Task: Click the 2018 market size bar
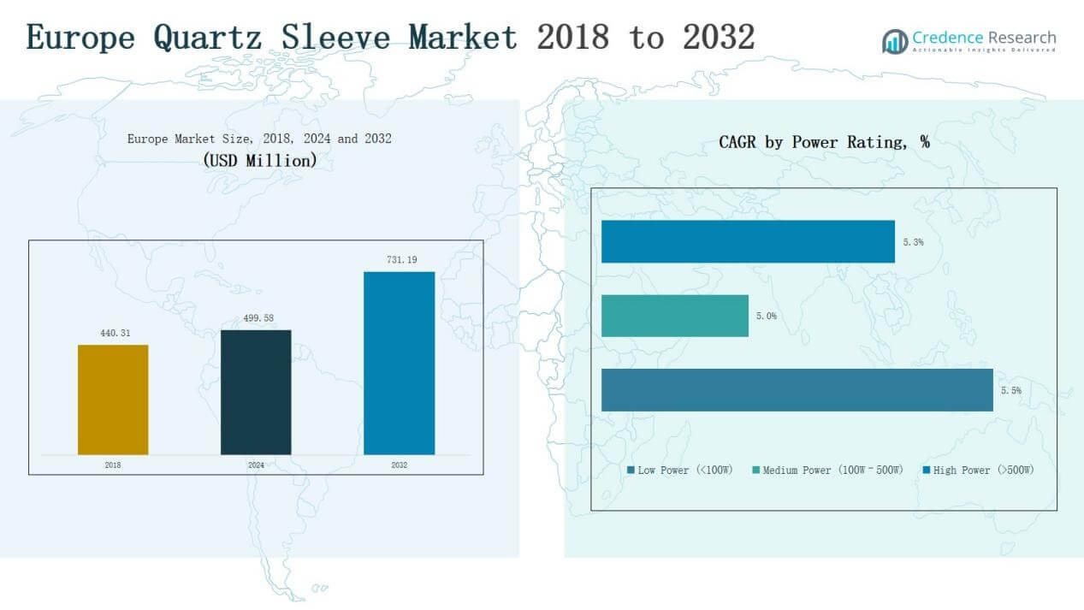pos(113,400)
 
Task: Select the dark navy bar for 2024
pos(256,392)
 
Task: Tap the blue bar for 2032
pos(399,363)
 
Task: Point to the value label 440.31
pos(113,333)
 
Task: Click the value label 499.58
pos(256,317)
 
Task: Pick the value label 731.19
pos(399,259)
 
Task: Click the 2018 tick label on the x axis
pos(113,465)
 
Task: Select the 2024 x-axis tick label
pos(256,465)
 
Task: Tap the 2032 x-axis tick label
pos(399,465)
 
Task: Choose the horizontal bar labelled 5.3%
pos(748,241)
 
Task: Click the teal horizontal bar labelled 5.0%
pos(675,316)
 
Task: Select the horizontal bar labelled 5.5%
pos(797,390)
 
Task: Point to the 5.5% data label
pos(1010,390)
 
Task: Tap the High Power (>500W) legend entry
pos(980,471)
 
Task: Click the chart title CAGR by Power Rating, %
pos(824,143)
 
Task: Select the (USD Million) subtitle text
pos(259,160)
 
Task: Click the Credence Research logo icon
pos(895,41)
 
